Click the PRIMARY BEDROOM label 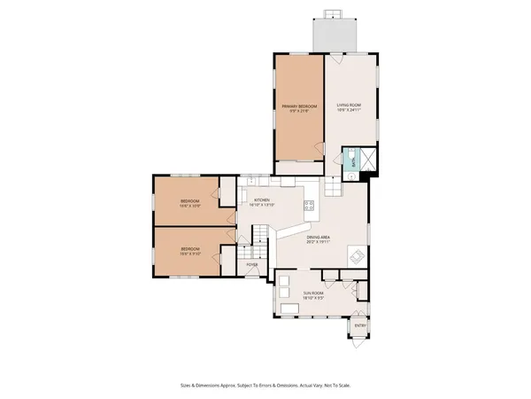[x=298, y=106]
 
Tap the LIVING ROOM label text [x=349, y=106]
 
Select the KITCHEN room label [x=262, y=200]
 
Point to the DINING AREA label [x=319, y=237]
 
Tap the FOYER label [x=252, y=263]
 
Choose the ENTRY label [x=360, y=325]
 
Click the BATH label [x=351, y=160]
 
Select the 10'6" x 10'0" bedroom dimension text [x=190, y=206]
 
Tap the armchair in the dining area [x=354, y=257]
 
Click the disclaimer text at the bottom [x=265, y=386]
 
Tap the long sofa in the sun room [x=292, y=308]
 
